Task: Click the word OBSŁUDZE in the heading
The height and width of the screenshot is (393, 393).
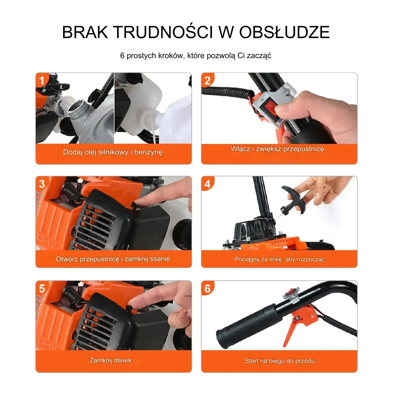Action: pos(284,32)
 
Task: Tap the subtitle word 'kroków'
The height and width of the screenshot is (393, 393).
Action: pos(168,56)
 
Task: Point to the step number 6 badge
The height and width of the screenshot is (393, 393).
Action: pos(207,288)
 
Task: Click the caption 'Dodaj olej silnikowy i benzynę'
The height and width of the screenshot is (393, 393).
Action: pos(113,152)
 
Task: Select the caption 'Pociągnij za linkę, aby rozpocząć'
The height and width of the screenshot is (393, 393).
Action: pos(280,259)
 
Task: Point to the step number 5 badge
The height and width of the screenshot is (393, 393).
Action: pos(42,288)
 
